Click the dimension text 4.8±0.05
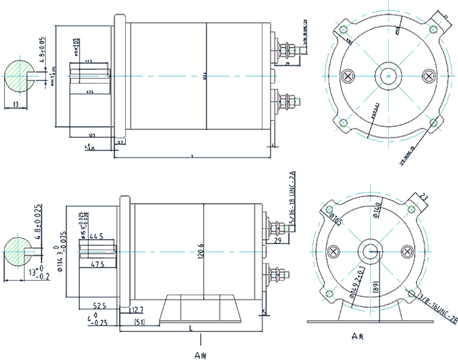(43, 48)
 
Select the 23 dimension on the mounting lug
(426, 196)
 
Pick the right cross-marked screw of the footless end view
(429, 76)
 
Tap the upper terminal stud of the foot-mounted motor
(278, 230)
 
